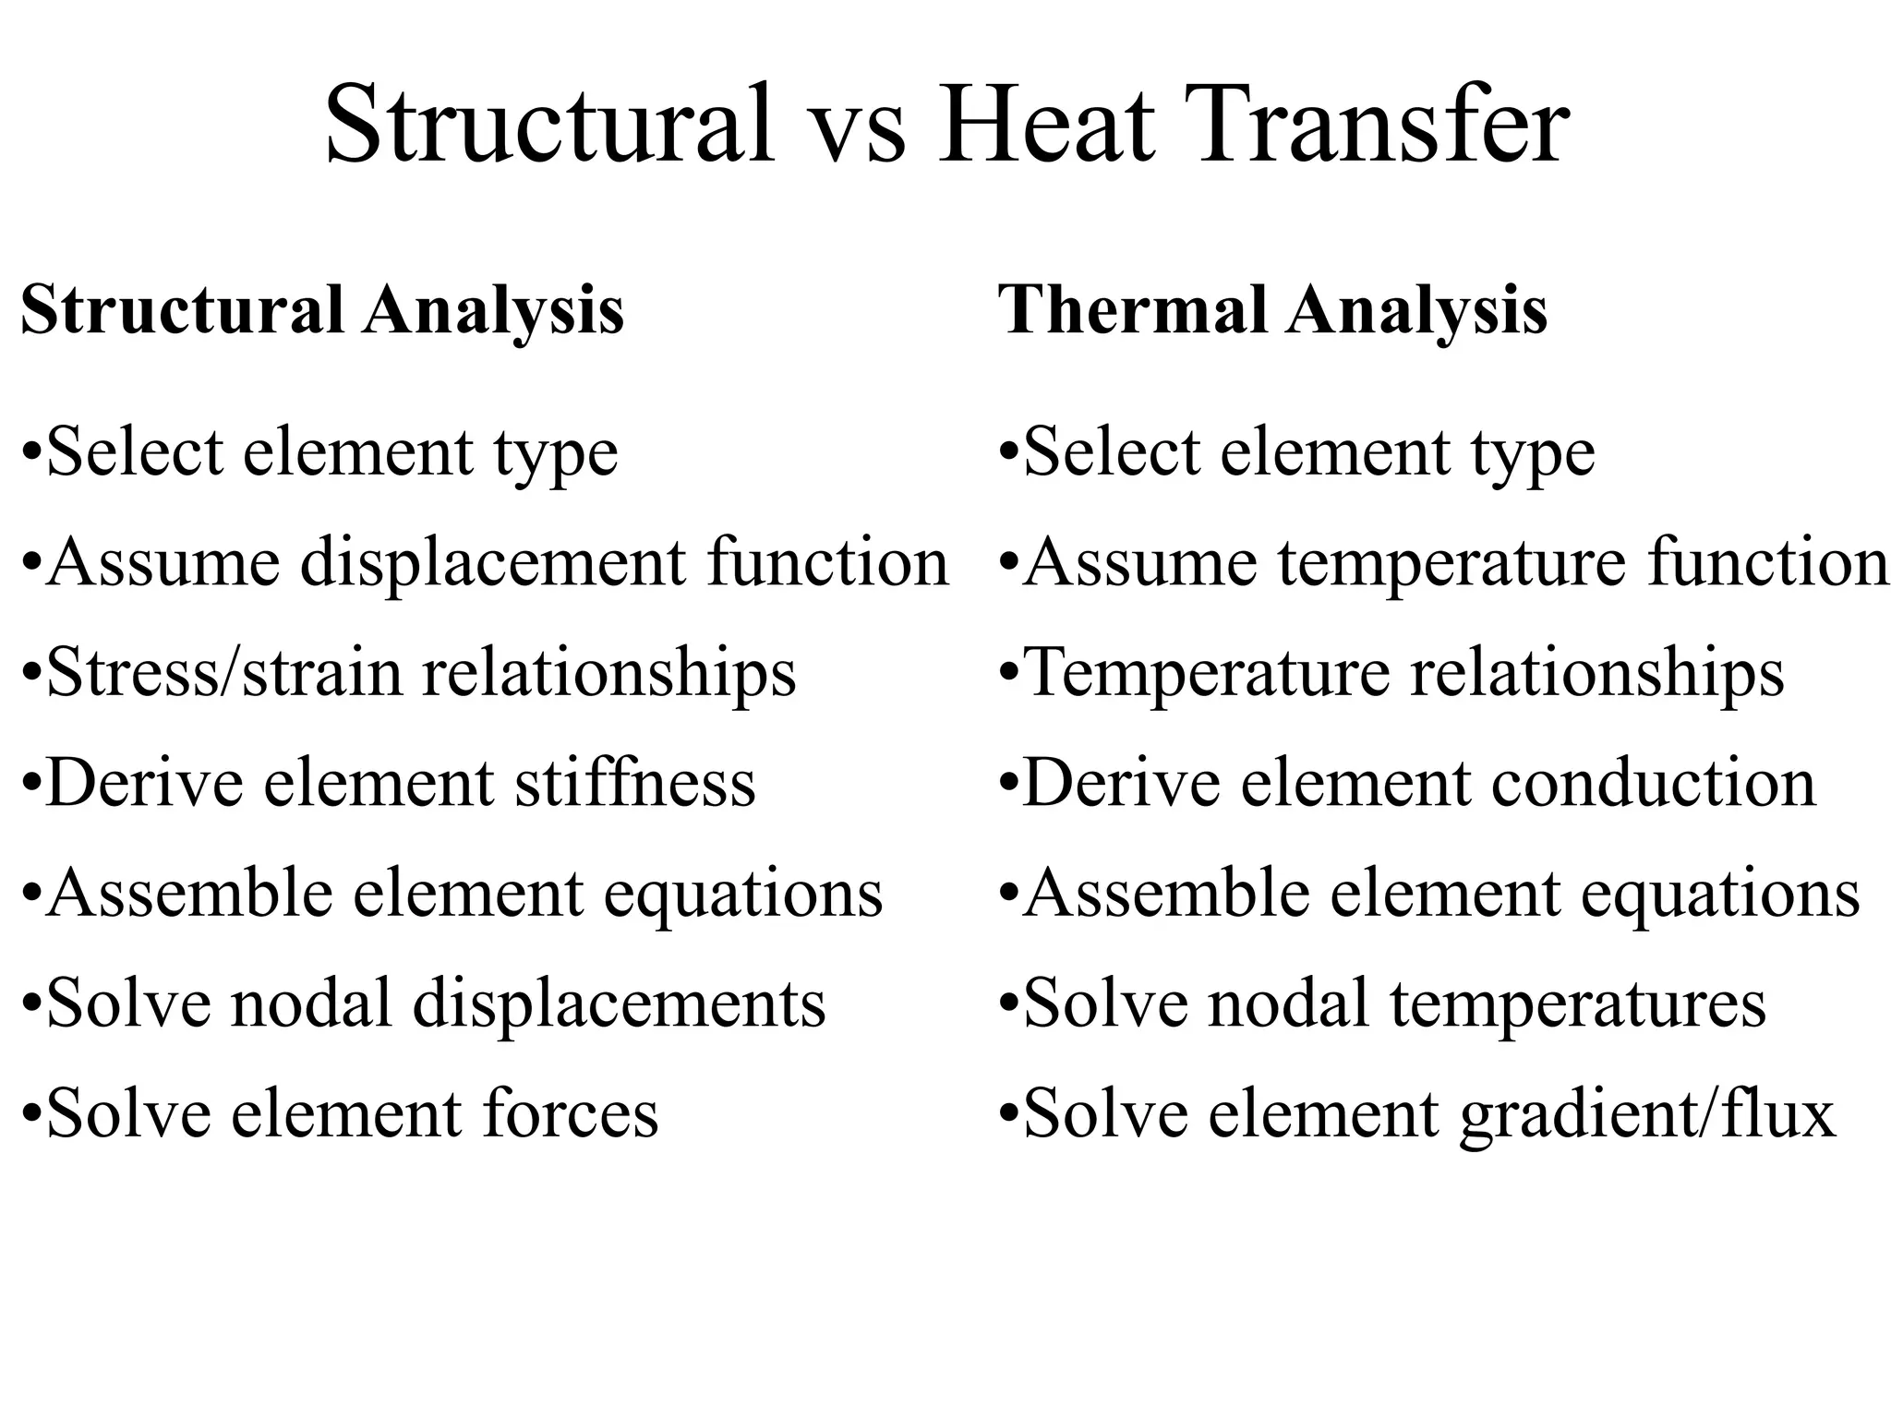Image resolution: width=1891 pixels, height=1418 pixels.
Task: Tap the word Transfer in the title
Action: click(1380, 124)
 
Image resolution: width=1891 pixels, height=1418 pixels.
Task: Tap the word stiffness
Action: click(635, 783)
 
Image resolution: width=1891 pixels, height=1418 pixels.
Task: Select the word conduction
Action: click(1653, 783)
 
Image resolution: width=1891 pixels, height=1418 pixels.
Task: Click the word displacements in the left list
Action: click(619, 1003)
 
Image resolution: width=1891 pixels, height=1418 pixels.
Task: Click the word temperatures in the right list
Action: click(1578, 1003)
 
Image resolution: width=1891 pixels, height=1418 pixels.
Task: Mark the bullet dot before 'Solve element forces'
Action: click(31, 1115)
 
